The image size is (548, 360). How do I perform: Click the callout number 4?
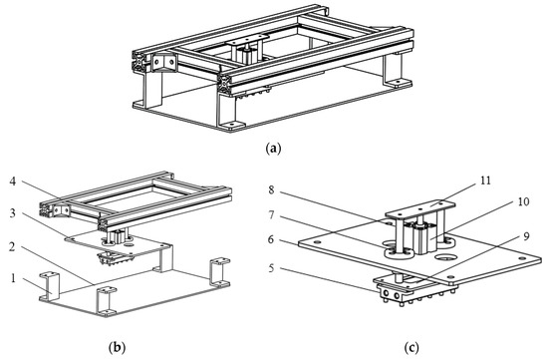[x=13, y=181]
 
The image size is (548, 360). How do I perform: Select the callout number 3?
[x=13, y=213]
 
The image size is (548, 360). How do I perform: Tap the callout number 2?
[x=13, y=246]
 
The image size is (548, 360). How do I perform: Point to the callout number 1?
[x=13, y=278]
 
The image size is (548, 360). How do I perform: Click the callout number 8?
[x=272, y=189]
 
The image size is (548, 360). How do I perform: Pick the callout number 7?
[x=272, y=214]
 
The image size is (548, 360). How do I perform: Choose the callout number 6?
[x=272, y=239]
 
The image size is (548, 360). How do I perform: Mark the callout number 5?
[x=272, y=268]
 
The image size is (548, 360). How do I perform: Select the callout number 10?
[x=523, y=201]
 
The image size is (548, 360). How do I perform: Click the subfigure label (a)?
[x=273, y=148]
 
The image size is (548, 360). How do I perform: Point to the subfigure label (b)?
[x=117, y=348]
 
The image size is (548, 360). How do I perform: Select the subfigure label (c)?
[x=411, y=348]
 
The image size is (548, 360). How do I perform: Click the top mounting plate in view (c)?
[x=420, y=209]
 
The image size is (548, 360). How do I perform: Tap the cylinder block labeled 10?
[x=424, y=239]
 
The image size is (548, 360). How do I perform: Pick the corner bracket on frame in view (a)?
[x=163, y=63]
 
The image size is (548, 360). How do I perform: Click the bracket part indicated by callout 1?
[x=50, y=286]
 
